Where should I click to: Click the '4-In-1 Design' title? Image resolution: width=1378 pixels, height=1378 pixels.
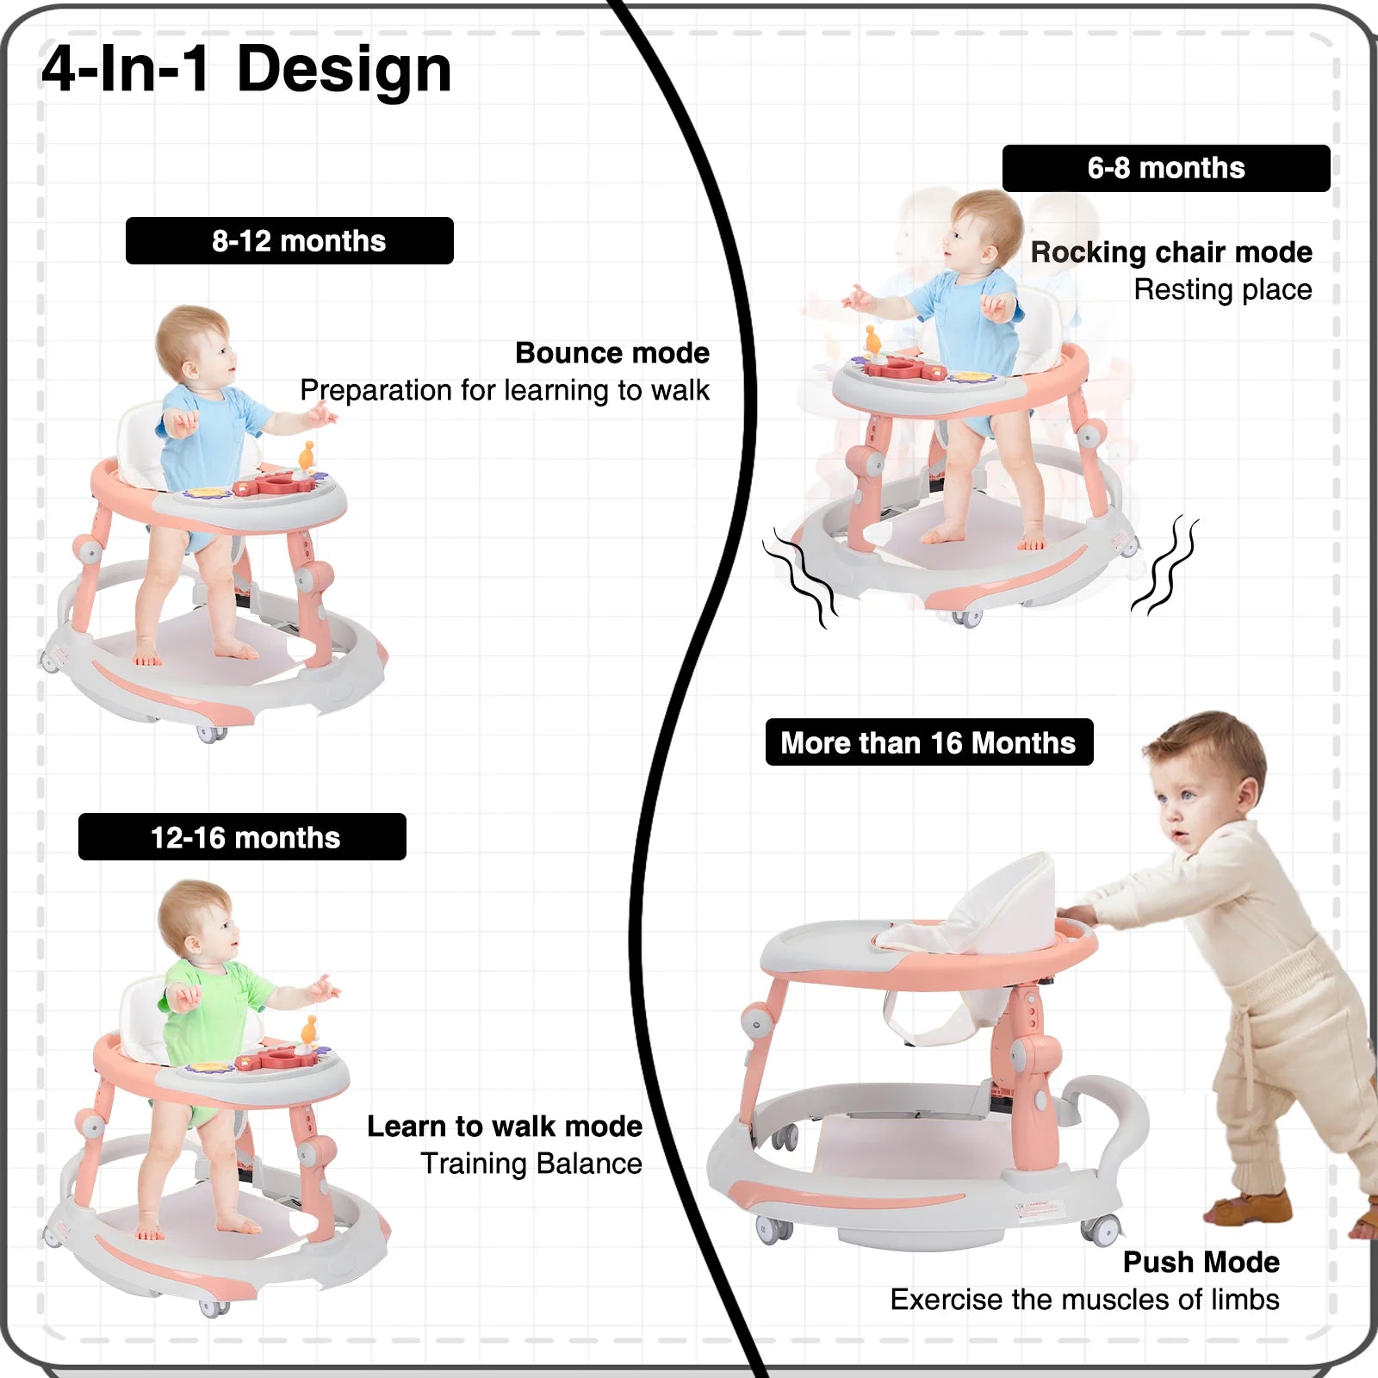[x=246, y=69]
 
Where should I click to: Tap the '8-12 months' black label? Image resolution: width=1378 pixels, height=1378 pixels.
[x=289, y=240]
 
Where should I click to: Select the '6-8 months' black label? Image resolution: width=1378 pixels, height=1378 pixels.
[x=1166, y=168]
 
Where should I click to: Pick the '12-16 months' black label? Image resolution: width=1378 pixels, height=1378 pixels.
[x=242, y=836]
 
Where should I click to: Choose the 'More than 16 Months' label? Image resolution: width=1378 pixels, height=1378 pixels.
[x=929, y=742]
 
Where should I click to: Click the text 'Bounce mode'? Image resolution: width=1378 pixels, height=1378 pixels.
[x=612, y=353]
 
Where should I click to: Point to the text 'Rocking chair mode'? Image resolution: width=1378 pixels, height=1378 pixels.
[x=1171, y=252]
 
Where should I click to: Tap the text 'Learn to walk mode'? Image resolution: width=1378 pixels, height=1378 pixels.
[x=505, y=1127]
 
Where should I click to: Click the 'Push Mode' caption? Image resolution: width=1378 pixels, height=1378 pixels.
[x=1201, y=1262]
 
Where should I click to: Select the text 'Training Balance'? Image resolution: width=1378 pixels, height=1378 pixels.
[x=531, y=1164]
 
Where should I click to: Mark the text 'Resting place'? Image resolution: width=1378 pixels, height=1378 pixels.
[x=1223, y=289]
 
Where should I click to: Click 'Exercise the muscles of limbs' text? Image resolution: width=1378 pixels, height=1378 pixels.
[x=1085, y=1299]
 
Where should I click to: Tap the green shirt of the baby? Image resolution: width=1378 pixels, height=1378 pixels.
[x=215, y=1003]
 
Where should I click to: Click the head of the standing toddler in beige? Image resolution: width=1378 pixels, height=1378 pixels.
[x=1206, y=779]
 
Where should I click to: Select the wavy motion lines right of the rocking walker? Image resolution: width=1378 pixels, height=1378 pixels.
[x=1164, y=565]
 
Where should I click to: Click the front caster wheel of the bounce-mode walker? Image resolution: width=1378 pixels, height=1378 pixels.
[x=211, y=734]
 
